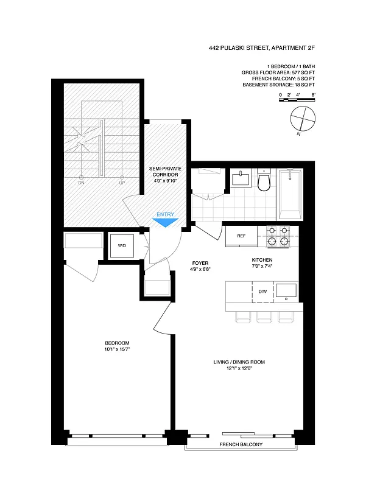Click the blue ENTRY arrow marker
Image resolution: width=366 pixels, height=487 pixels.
point(165,223)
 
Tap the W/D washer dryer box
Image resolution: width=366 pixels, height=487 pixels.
point(122,246)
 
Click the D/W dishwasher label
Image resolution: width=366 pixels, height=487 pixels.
point(263,292)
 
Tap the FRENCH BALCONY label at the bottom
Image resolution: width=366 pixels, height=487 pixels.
point(242,445)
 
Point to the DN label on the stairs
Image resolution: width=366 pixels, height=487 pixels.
point(81,182)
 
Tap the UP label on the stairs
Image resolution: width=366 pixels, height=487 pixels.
point(122,182)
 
